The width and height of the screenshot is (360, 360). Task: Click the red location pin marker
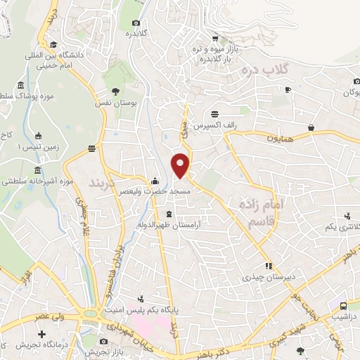tap(182, 165)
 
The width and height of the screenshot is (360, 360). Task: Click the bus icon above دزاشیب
tap(342, 306)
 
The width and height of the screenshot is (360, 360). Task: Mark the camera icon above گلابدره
tap(135, 22)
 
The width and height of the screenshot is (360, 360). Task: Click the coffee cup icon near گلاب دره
tap(288, 89)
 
